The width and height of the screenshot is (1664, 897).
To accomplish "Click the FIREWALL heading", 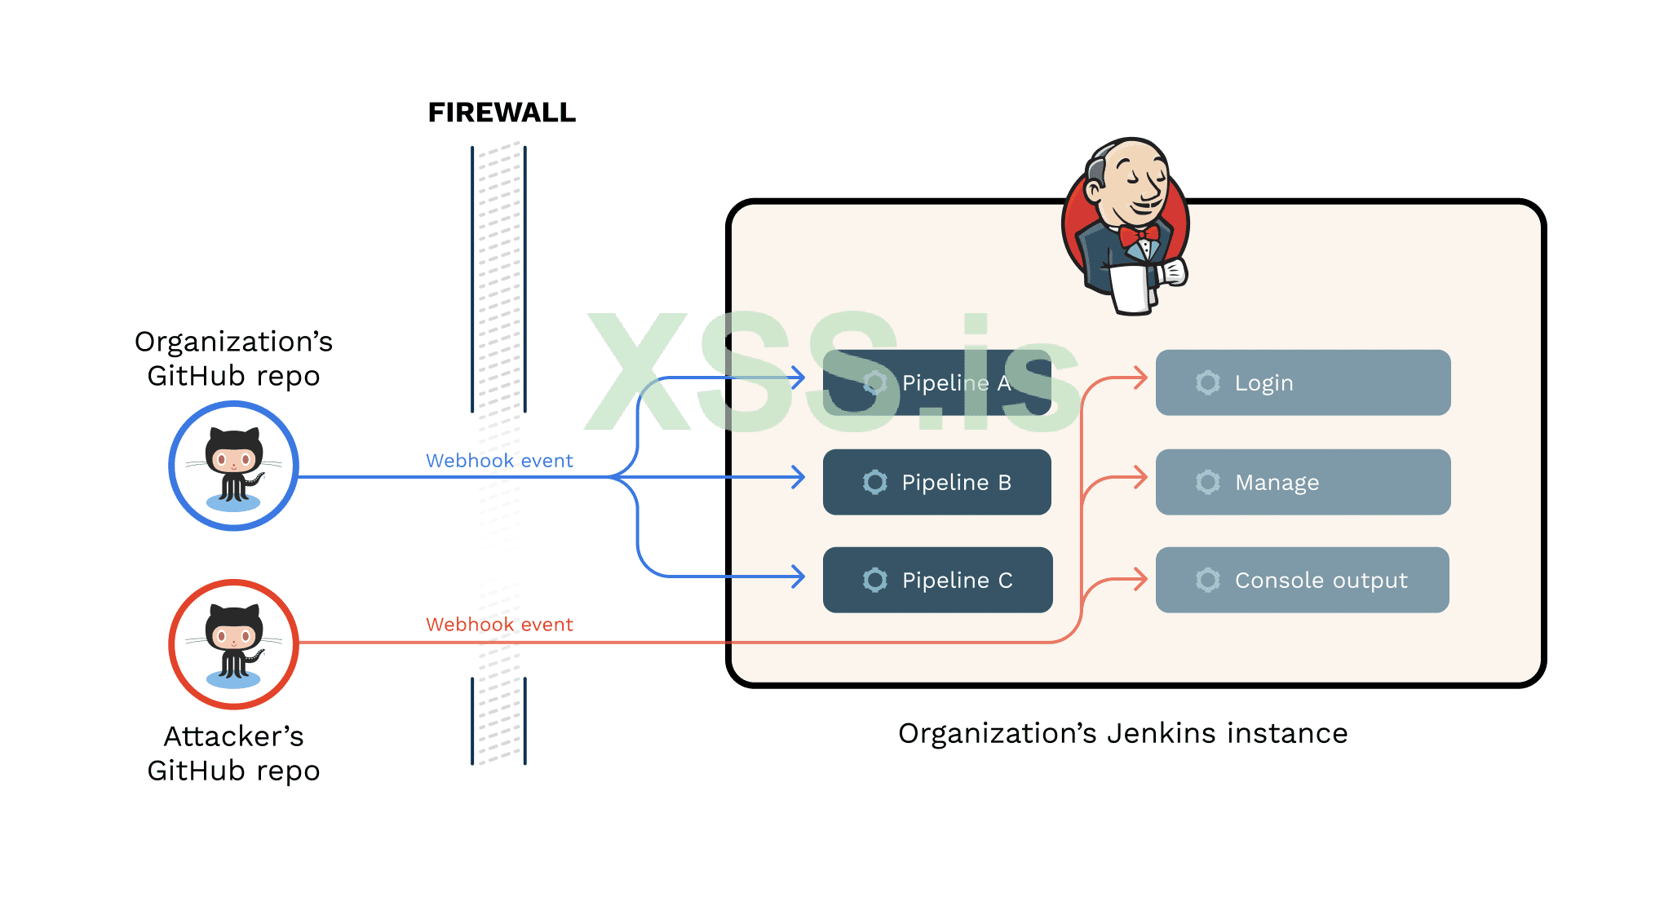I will click(502, 113).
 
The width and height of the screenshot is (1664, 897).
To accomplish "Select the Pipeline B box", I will click(936, 482).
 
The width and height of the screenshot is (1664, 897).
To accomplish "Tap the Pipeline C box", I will click(937, 580).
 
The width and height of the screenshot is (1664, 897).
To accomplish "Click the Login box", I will click(1303, 382).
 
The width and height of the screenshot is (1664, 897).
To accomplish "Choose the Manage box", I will click(1303, 482).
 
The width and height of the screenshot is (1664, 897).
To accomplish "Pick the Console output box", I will click(1302, 580).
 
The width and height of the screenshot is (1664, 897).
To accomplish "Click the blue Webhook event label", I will click(499, 461).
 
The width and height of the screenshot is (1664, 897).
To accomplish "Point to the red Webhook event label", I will click(499, 625).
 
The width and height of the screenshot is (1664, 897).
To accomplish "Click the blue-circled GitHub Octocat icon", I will click(233, 466).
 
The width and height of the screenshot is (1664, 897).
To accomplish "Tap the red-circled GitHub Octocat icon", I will click(233, 644).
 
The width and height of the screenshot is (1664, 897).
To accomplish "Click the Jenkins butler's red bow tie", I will click(1139, 236).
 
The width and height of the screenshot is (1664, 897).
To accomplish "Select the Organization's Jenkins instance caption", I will click(1122, 733).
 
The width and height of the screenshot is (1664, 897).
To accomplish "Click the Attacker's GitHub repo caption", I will click(233, 753).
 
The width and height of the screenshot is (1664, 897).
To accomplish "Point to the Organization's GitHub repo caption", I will click(233, 359).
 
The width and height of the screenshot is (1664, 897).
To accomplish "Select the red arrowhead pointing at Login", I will click(1142, 378).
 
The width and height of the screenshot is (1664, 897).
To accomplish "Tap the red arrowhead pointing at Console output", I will click(1142, 580).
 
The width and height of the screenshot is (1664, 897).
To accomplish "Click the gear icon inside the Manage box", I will click(1208, 482).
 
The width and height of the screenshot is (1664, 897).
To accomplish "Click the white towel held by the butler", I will click(1131, 289).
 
